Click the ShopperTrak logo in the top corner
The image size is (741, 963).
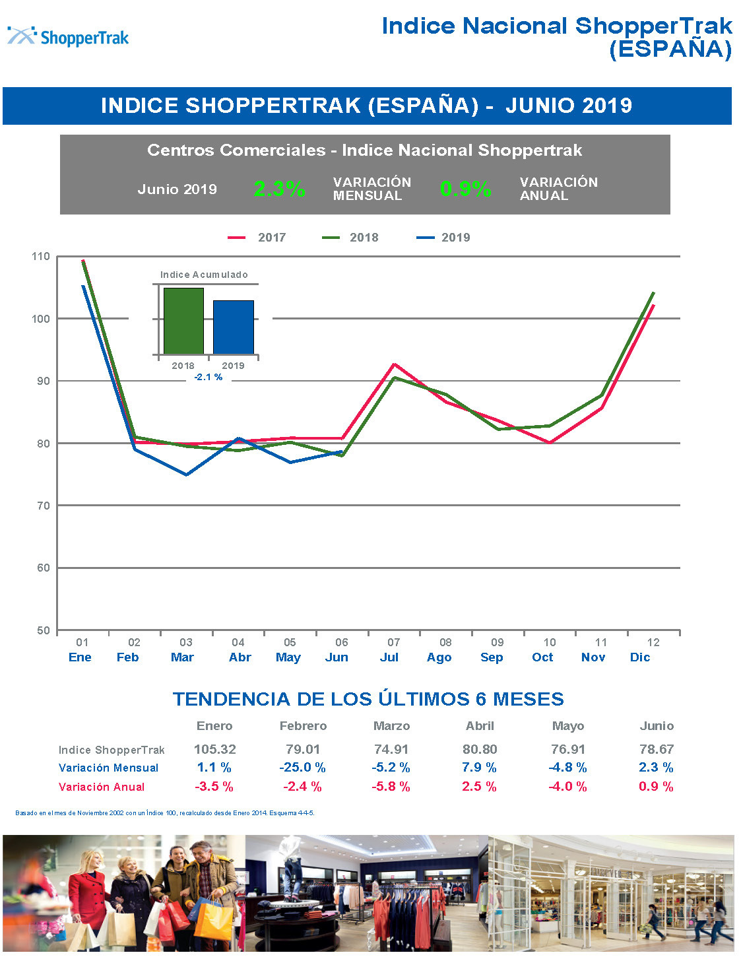point(69,36)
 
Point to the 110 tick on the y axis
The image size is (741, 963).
point(41,257)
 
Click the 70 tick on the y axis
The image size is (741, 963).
point(43,506)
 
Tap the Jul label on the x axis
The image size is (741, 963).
point(389,657)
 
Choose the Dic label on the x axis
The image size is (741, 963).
point(640,657)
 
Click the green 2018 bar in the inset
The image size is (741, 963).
point(183,321)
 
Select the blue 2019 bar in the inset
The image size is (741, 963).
point(233,327)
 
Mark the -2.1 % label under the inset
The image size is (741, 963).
point(209,377)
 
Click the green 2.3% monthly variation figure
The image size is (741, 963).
point(279,189)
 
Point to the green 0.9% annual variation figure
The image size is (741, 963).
point(465,189)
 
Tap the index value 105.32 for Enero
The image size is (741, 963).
point(214,750)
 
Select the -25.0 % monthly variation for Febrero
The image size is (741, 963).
point(303,768)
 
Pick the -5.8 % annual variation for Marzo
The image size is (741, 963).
point(391,787)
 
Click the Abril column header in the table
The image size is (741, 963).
point(480,726)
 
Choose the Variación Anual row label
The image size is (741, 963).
point(102,787)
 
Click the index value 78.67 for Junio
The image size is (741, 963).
point(657,750)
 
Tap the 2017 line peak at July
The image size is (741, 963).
point(394,364)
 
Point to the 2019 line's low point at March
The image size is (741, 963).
point(186,475)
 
